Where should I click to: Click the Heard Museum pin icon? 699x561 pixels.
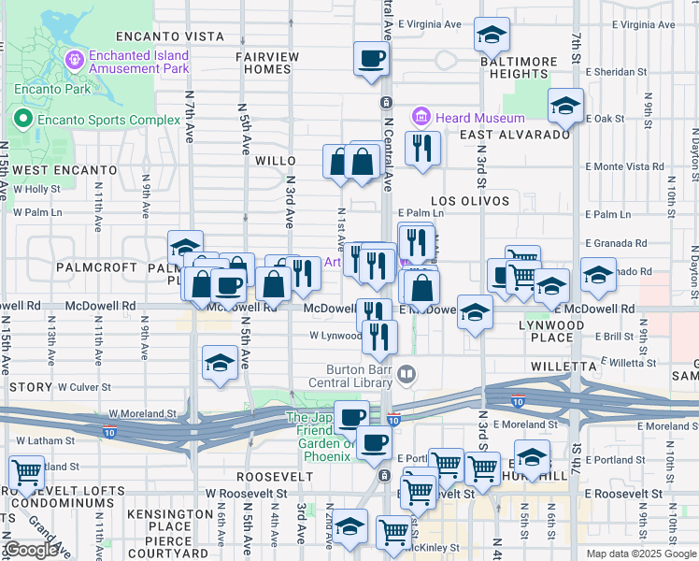click(421, 119)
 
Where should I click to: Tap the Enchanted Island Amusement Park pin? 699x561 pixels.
click(76, 60)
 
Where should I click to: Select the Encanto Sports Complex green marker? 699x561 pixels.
click(23, 120)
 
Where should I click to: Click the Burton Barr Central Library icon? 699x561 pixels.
click(406, 376)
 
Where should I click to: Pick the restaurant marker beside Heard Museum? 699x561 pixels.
click(422, 148)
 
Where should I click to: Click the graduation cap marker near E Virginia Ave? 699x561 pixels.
click(492, 36)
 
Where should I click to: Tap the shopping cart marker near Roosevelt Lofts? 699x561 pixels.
click(25, 473)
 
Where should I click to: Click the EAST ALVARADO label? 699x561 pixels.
click(515, 135)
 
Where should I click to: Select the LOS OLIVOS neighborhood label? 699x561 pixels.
click(470, 201)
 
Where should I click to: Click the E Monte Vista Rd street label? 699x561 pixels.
click(625, 166)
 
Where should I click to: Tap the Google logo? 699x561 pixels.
click(31, 550)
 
